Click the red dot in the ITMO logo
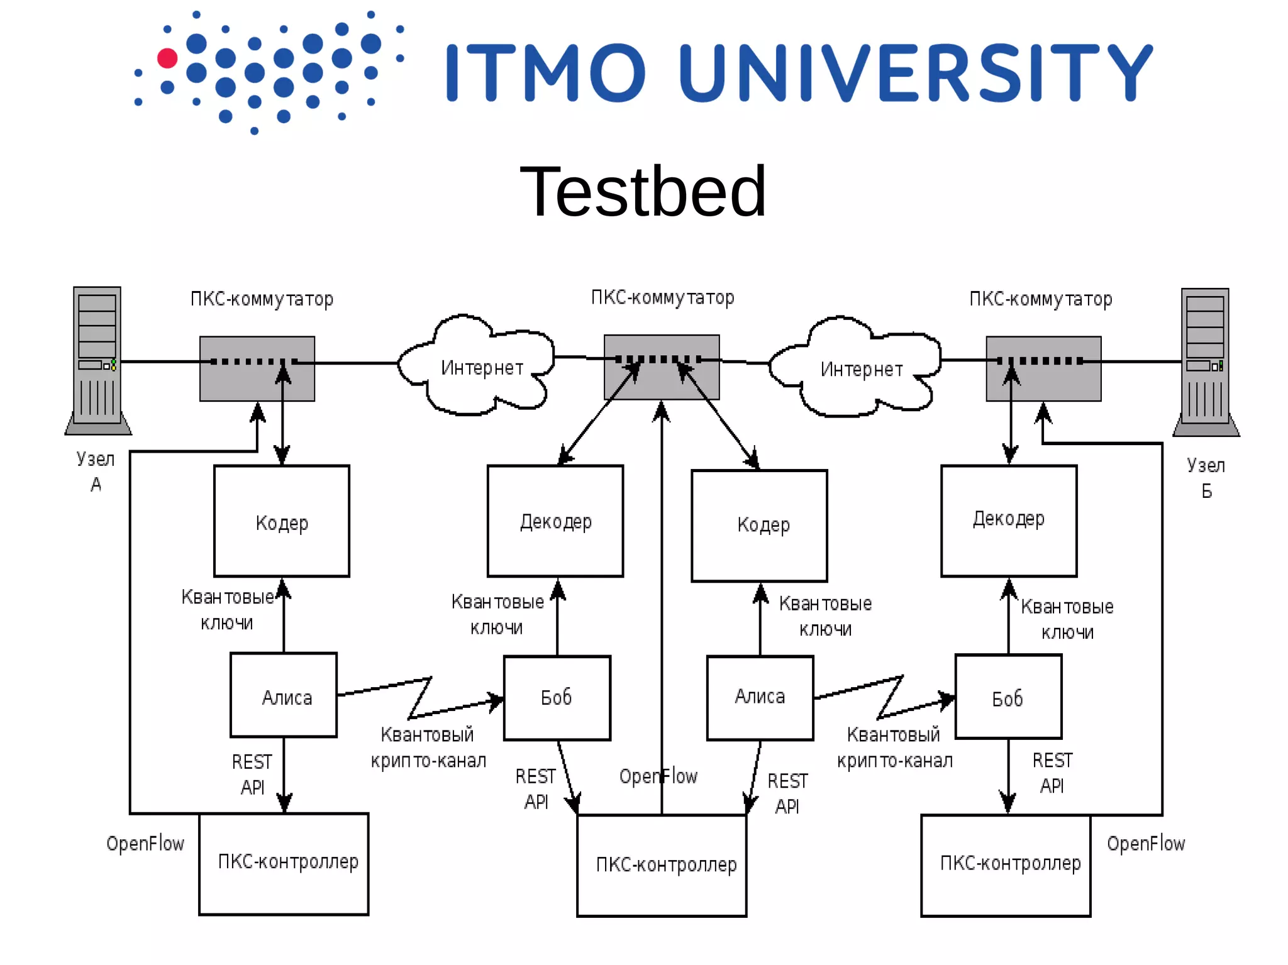tap(167, 58)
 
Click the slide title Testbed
tap(643, 191)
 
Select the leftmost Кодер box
tap(281, 521)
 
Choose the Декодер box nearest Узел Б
tap(1009, 521)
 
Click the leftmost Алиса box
tap(284, 695)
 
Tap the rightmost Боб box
tap(1008, 697)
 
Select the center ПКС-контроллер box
tap(662, 865)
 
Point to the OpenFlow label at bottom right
tap(1145, 844)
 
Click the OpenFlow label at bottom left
tap(145, 844)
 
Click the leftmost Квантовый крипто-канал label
tap(428, 747)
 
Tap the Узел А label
tap(96, 471)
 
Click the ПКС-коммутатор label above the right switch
tap(1040, 299)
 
